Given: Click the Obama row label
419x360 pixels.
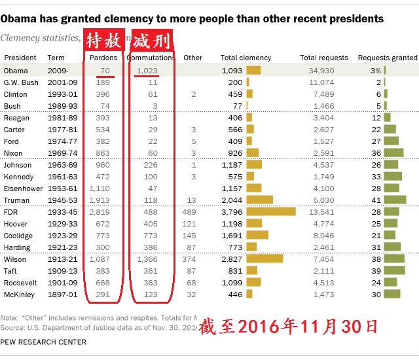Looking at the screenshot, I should tap(15, 71).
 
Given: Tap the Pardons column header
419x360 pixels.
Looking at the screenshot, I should tap(103, 58).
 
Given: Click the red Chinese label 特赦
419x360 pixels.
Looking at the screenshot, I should tap(104, 41).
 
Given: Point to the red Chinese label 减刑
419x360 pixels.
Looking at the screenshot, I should tap(151, 41).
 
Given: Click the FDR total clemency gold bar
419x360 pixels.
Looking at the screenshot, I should tap(271, 212).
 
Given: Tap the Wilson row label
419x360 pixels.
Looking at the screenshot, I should tap(15, 259).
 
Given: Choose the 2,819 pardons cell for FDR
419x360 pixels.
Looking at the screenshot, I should tap(100, 212).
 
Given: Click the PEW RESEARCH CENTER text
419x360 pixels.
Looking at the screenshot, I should tap(43, 342).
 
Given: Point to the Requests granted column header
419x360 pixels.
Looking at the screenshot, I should tap(387, 58).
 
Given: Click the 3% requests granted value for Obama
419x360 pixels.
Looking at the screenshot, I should tap(375, 71).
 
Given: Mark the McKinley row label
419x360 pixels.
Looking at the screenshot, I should tap(18, 295).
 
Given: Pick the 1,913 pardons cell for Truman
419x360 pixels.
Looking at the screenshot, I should tap(100, 200).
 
